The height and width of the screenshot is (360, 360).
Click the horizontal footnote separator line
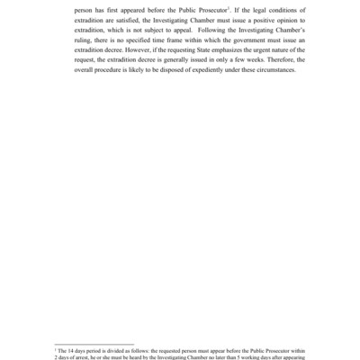click(94, 342)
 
